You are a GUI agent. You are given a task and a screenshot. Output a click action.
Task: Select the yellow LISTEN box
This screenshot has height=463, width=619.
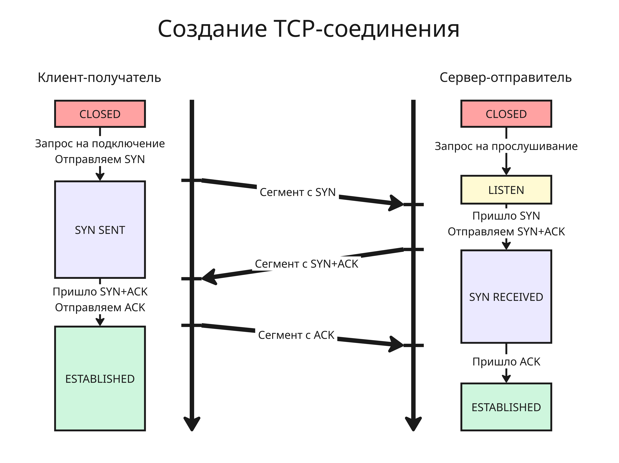(x=506, y=190)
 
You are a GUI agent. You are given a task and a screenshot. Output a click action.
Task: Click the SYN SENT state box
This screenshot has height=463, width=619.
(x=100, y=230)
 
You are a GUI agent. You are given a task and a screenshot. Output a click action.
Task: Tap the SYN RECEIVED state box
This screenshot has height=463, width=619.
(x=506, y=297)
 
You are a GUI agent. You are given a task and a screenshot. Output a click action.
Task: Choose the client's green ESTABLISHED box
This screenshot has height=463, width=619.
(x=100, y=379)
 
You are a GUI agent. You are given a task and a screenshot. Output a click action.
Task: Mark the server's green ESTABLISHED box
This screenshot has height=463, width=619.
(x=506, y=407)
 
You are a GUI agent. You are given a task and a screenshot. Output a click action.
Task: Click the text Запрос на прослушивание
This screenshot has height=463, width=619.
(x=506, y=146)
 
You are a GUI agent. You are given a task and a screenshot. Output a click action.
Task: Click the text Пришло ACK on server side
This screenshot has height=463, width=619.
(x=506, y=362)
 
